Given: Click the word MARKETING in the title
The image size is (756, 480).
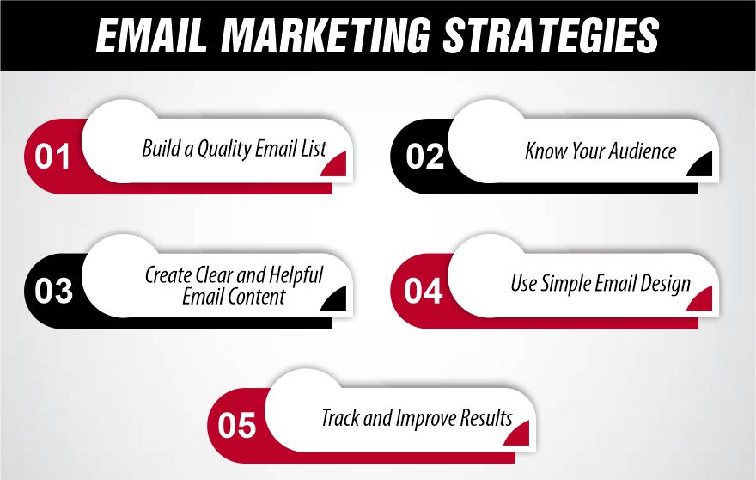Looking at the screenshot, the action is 326,35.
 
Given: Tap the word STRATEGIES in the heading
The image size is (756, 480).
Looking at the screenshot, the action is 551,35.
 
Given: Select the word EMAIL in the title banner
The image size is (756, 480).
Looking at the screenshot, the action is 151,35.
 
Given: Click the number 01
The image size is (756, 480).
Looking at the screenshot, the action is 52,157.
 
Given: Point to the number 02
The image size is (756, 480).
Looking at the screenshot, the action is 424,157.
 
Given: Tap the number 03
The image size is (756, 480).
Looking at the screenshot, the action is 53,291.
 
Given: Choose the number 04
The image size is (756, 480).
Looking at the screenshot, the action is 423,291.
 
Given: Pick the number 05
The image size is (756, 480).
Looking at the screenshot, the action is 236,426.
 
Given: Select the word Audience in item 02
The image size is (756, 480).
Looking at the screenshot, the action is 643,151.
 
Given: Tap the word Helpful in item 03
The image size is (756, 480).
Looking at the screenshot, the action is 295,276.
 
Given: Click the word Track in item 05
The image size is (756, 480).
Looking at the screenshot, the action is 340,418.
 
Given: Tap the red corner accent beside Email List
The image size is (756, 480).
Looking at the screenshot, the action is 337,165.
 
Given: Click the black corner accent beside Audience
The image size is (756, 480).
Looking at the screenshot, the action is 702,165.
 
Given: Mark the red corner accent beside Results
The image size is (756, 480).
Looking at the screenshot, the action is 519,434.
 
